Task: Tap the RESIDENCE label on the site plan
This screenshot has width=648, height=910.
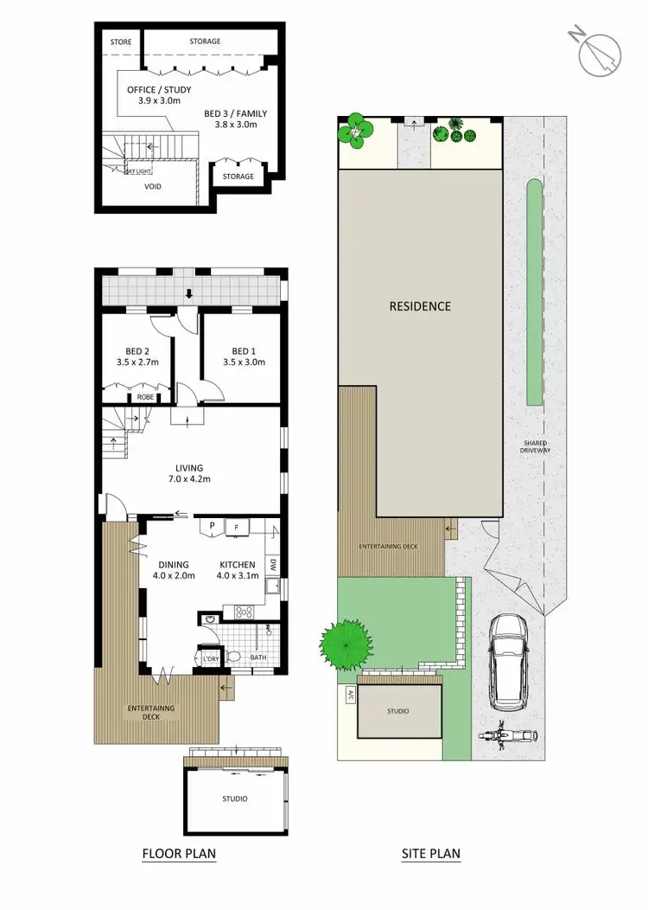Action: pyautogui.click(x=419, y=306)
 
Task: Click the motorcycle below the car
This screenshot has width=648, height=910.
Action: pyautogui.click(x=508, y=736)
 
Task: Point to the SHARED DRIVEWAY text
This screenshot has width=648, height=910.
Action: pyautogui.click(x=536, y=445)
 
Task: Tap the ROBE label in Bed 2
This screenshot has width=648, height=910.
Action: pyautogui.click(x=146, y=397)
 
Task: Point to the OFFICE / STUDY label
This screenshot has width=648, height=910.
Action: pyautogui.click(x=159, y=95)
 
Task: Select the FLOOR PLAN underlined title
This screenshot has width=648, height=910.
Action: pyautogui.click(x=179, y=854)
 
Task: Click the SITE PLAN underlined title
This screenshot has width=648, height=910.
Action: pyautogui.click(x=431, y=854)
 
